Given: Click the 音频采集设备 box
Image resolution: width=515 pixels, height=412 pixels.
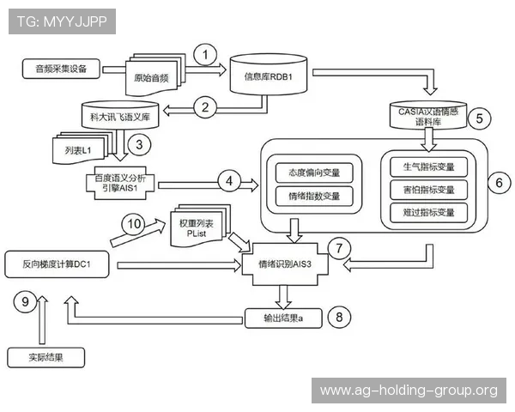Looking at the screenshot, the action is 61,69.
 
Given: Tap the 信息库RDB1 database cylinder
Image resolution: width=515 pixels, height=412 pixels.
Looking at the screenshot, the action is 269,75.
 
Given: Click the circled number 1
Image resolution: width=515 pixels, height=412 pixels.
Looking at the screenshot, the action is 205,55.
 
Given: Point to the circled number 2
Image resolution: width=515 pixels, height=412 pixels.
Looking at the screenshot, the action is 205,107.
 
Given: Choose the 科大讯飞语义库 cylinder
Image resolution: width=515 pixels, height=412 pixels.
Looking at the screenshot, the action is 120,115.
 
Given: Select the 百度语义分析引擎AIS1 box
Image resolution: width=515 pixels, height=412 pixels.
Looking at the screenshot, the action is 120,183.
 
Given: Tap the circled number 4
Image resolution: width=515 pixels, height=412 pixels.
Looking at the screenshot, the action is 229,181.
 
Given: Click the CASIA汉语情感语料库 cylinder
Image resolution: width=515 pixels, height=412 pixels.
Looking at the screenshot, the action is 428,115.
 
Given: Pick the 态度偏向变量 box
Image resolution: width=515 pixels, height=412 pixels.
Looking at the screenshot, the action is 314,173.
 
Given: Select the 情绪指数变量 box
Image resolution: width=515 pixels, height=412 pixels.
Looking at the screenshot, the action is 314,197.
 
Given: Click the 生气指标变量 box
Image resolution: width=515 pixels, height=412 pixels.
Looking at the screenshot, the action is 428,167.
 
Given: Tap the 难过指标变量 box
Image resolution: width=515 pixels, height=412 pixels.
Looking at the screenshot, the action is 428,213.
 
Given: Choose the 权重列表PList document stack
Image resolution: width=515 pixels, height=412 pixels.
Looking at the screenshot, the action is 200,226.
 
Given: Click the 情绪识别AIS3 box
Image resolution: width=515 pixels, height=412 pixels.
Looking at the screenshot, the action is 285,264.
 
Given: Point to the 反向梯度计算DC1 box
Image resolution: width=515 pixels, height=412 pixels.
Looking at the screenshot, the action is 57,264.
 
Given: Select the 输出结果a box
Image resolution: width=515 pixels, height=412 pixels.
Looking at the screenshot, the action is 283,318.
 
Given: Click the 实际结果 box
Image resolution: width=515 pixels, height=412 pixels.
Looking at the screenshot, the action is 46,357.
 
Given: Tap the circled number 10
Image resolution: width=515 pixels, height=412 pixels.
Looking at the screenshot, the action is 134,224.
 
